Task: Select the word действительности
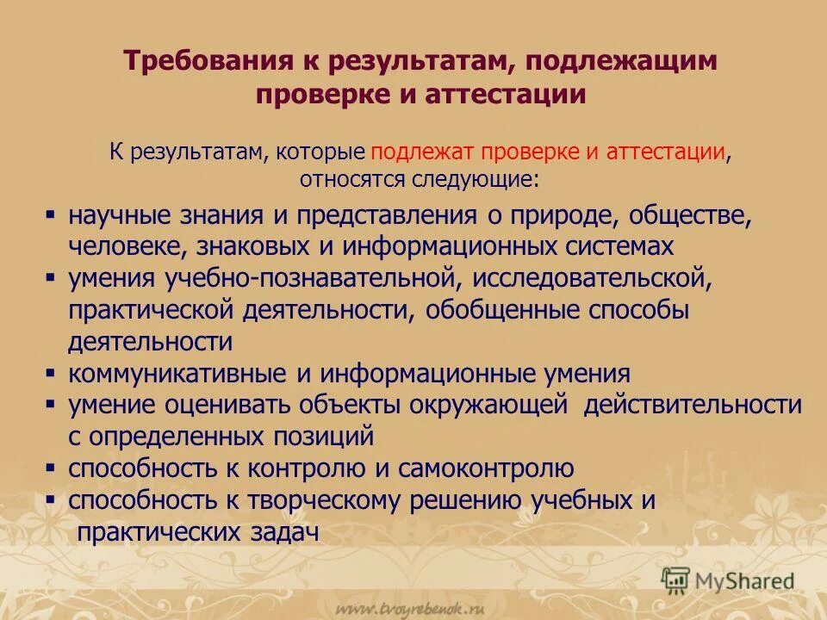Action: pos(692,405)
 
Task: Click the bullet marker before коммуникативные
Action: pos(51,374)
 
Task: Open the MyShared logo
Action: pos(728,580)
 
